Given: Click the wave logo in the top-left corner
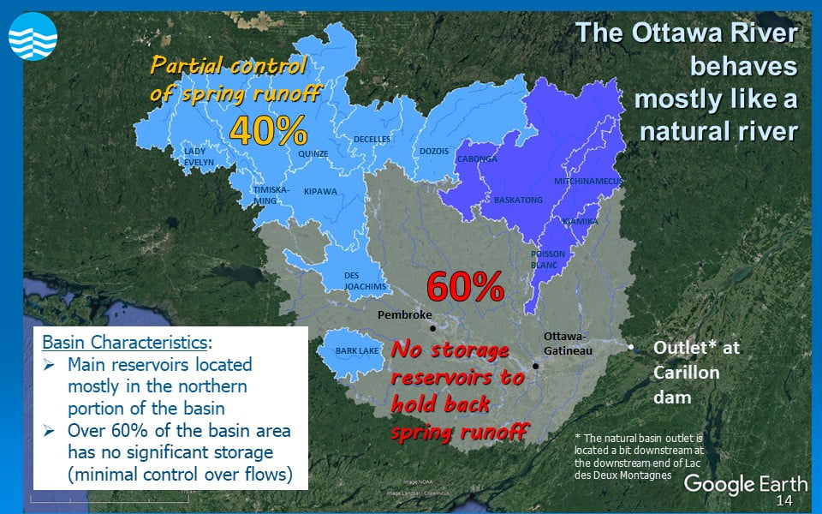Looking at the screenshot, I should click(33, 39).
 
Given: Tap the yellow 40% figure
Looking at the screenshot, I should click(268, 129).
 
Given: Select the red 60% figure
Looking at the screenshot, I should click(464, 288).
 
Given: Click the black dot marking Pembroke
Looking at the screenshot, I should click(432, 328).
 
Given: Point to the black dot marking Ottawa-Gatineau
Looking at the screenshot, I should click(535, 366).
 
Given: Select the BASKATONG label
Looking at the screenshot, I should click(518, 200).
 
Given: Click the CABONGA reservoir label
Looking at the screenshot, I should click(477, 159).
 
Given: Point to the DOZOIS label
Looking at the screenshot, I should click(433, 152).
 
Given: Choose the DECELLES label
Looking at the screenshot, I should click(372, 139).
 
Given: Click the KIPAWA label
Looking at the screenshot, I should click(320, 192).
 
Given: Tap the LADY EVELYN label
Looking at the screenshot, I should click(199, 157).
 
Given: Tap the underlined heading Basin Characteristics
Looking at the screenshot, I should click(125, 342).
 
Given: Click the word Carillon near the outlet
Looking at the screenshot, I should click(686, 373).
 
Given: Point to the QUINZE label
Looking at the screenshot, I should click(313, 154).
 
